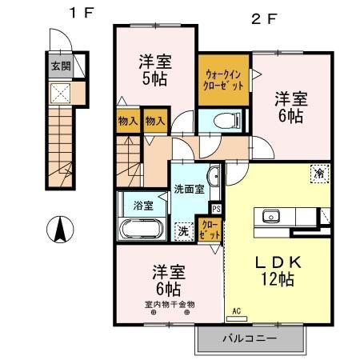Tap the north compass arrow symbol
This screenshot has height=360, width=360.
tap(59, 231)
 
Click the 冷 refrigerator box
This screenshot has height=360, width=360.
tap(318, 174)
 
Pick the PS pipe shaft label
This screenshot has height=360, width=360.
tap(216, 210)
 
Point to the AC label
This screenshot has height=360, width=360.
tap(237, 311)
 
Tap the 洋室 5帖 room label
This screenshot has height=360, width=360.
tap(154, 70)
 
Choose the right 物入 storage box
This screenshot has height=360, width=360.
tap(155, 121)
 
